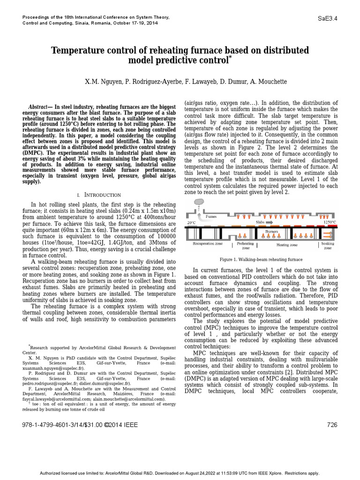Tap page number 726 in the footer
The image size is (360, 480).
click(331, 425)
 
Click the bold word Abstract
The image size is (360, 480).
click(38, 107)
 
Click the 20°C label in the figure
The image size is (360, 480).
click(191, 223)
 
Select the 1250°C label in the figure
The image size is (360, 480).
click(330, 223)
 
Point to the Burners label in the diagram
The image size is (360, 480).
click(271, 232)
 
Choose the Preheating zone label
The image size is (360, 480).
click(245, 246)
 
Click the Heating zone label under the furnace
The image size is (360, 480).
click(286, 245)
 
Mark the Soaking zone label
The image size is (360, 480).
click(328, 246)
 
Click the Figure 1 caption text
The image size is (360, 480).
click(261, 259)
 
